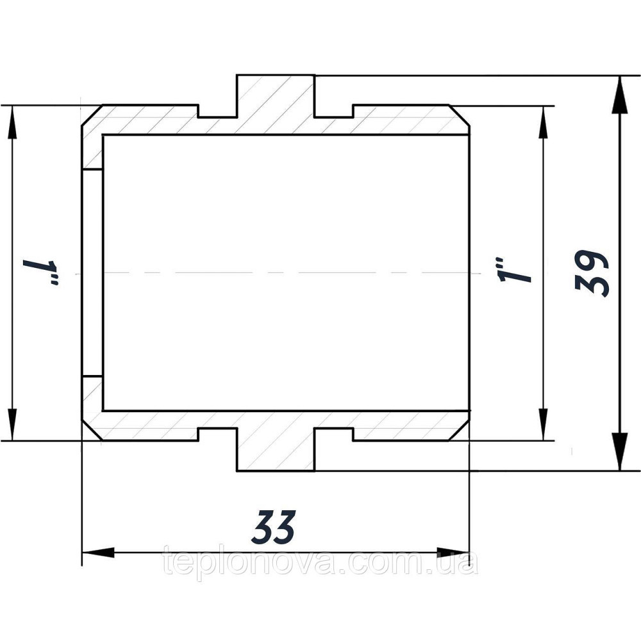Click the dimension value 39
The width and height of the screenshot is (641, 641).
coord(592,273)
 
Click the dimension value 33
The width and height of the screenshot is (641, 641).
coord(274,528)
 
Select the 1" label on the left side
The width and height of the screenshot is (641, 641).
coord(41,272)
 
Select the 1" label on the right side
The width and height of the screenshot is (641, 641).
coord(513,270)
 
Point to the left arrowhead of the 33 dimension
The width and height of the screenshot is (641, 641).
coord(98,553)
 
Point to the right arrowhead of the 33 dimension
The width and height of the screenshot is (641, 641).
coord(453,553)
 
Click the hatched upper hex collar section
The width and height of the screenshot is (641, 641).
coord(276,104)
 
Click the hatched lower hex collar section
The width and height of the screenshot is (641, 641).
coord(276,441)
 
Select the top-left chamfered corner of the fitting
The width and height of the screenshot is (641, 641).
coord(92,115)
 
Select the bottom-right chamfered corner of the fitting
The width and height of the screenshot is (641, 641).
coord(460,430)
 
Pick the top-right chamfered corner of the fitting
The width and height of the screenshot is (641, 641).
coord(460,115)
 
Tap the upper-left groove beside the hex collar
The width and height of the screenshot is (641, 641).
coord(217,111)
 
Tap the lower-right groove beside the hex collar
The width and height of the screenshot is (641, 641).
coord(333,435)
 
